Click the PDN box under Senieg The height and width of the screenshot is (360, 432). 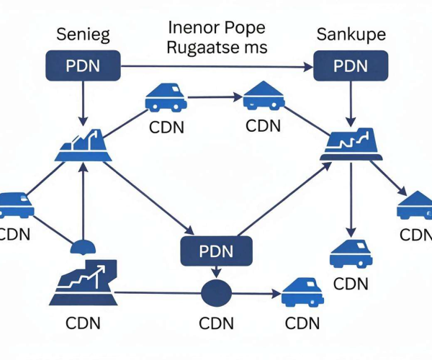pyautogui.click(x=83, y=66)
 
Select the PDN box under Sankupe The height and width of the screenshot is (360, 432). pyautogui.click(x=351, y=66)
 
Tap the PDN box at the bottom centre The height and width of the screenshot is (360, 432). pyautogui.click(x=216, y=251)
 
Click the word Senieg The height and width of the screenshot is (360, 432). pyautogui.click(x=83, y=35)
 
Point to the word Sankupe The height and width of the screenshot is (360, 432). pyautogui.click(x=351, y=35)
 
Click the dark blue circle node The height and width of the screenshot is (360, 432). pyautogui.click(x=216, y=293)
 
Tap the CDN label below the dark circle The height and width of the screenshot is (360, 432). pyautogui.click(x=216, y=323)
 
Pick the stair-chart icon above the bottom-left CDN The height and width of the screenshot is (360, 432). pyautogui.click(x=84, y=282)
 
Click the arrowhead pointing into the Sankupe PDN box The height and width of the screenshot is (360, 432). pyautogui.click(x=309, y=67)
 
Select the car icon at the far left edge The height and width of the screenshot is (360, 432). pyautogui.click(x=16, y=205)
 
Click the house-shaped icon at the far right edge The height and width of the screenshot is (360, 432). pyautogui.click(x=415, y=205)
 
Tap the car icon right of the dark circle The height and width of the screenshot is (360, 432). pyautogui.click(x=302, y=292)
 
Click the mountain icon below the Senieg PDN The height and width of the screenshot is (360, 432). pyautogui.click(x=84, y=145)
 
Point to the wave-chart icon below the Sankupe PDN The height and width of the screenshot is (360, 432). pyautogui.click(x=351, y=144)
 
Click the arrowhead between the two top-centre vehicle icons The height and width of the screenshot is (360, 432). pyautogui.click(x=238, y=97)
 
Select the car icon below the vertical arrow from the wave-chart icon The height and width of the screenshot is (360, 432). pyautogui.click(x=351, y=253)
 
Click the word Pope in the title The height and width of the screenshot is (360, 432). pyautogui.click(x=245, y=28)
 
